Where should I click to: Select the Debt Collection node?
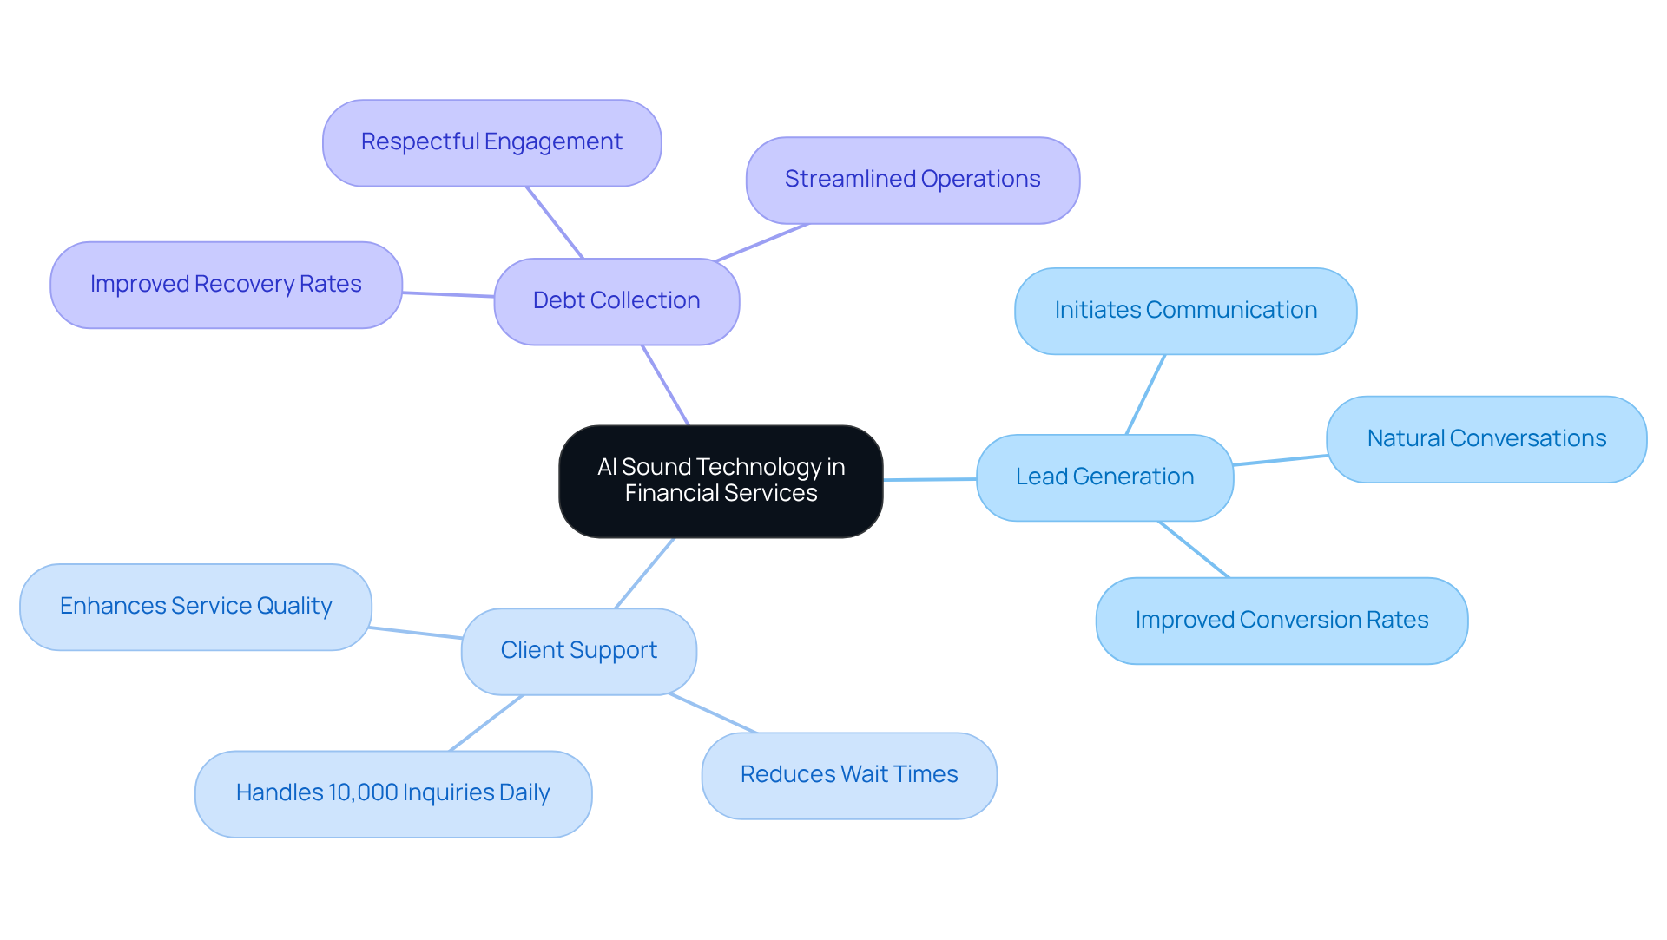pos(616,301)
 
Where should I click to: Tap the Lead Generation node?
pos(1104,477)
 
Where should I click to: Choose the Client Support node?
pos(578,651)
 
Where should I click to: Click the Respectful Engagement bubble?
pos(491,142)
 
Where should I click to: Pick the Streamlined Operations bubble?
pos(913,180)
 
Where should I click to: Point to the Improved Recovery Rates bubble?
pos(226,285)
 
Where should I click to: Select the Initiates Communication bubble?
pos(1185,311)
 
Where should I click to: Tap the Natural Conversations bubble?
pos(1486,439)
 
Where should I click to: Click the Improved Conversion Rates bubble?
pos(1282,621)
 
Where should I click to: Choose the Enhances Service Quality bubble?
pos(195,607)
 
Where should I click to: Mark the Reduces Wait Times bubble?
pos(849,775)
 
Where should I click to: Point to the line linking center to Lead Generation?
pos(930,479)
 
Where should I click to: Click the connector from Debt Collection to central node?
pos(665,385)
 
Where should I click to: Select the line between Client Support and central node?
pos(644,573)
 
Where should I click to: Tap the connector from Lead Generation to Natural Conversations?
pos(1280,460)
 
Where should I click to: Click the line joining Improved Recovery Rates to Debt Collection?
pos(448,294)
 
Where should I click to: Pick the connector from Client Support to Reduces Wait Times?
pos(712,713)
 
